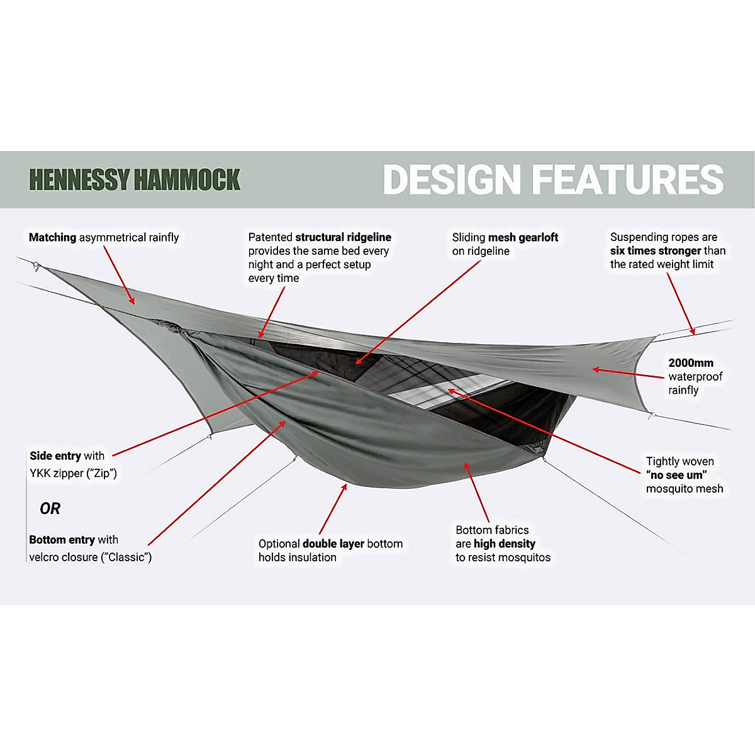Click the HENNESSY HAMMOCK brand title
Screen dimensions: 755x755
pos(135,180)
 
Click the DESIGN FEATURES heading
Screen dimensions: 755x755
pos(553,180)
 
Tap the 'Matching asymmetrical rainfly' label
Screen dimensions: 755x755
pos(104,238)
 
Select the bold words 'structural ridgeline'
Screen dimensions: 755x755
pos(343,237)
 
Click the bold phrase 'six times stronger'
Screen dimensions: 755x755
pos(656,250)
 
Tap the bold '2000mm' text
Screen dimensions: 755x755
pos(691,363)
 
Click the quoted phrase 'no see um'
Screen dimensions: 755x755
pos(676,475)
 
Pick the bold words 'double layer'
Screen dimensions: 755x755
pos(333,544)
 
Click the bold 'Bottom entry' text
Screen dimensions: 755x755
pos(62,540)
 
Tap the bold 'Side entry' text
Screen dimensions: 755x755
pos(55,456)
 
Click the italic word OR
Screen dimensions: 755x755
pos(50,508)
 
